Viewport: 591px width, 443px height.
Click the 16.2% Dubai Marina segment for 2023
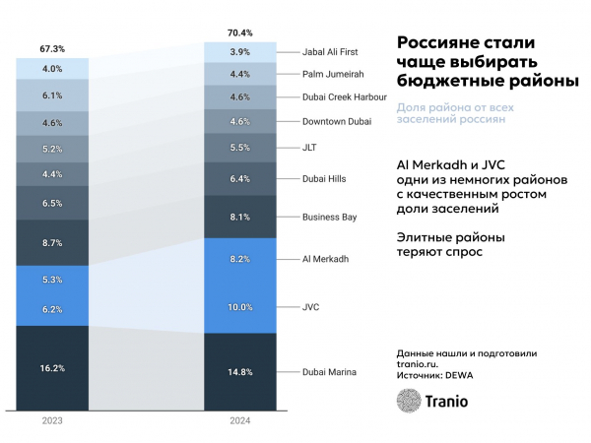click(x=52, y=367)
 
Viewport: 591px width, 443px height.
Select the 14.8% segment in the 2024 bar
click(x=239, y=371)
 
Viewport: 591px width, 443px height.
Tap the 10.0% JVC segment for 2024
click(x=239, y=307)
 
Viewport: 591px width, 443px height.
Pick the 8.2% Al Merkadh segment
click(x=239, y=259)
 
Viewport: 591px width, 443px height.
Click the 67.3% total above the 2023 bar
click(x=52, y=47)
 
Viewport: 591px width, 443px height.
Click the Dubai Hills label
click(x=323, y=178)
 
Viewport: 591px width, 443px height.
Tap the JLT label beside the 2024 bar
click(x=310, y=148)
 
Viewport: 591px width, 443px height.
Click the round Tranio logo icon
click(x=409, y=400)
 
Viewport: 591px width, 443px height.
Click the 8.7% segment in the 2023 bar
click(x=52, y=242)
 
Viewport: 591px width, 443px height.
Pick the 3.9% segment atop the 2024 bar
click(x=239, y=51)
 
